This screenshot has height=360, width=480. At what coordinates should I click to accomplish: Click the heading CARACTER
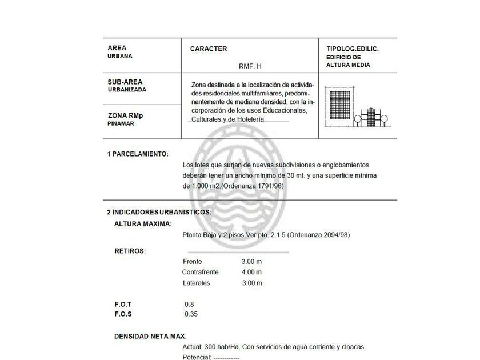pyautogui.click(x=208, y=49)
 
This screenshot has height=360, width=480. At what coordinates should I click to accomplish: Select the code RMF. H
pyautogui.click(x=250, y=66)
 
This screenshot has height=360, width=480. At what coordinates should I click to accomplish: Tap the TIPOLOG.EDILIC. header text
pyautogui.click(x=352, y=49)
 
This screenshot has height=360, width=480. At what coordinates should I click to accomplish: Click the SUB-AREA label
pyautogui.click(x=125, y=82)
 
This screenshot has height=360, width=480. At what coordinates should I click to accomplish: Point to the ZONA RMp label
pyautogui.click(x=125, y=115)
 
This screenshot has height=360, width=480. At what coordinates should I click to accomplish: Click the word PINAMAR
pyautogui.click(x=121, y=123)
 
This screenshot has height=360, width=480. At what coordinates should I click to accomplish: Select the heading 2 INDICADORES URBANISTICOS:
pyautogui.click(x=159, y=212)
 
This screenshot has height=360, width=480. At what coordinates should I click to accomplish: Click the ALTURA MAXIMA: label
pyautogui.click(x=143, y=223)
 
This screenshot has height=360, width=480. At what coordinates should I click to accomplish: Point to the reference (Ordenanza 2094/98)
pyautogui.click(x=319, y=235)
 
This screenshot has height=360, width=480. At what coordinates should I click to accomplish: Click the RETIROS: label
pyautogui.click(x=130, y=250)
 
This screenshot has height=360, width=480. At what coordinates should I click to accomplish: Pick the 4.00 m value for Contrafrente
pyautogui.click(x=251, y=272)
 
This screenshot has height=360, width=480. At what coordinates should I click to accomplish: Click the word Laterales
pyautogui.click(x=196, y=283)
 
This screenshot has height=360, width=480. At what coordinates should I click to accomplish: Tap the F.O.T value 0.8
pyautogui.click(x=189, y=304)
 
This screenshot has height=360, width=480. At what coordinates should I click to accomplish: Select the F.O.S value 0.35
pyautogui.click(x=191, y=314)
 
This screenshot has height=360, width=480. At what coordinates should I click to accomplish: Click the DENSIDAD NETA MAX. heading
pyautogui.click(x=150, y=336)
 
